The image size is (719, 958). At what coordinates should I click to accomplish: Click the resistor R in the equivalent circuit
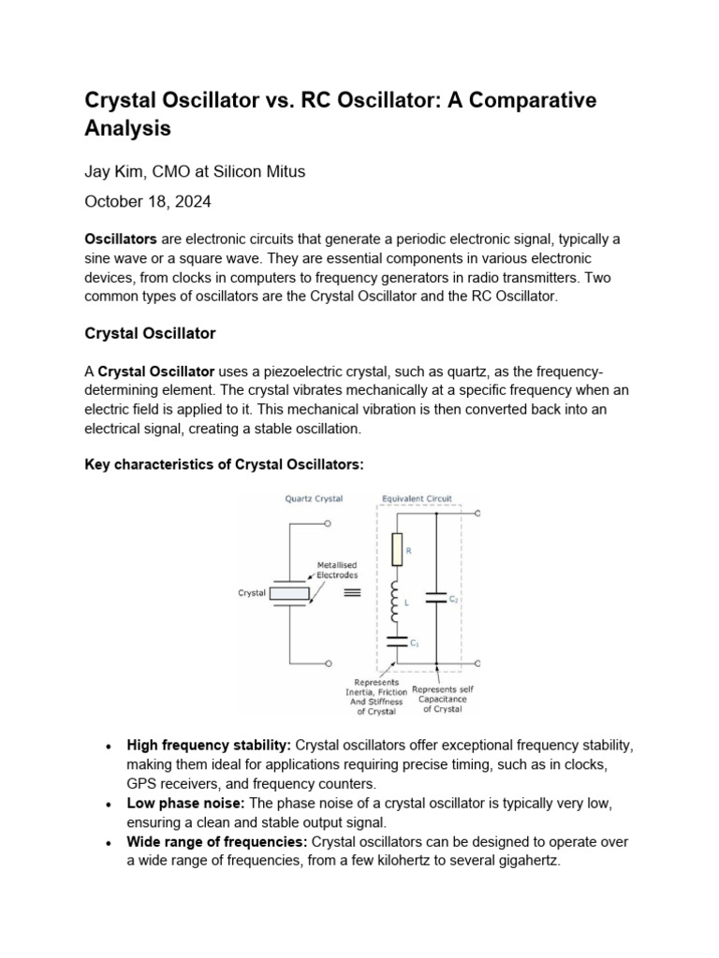[x=395, y=550]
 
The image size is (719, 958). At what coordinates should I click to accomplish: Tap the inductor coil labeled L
[x=395, y=601]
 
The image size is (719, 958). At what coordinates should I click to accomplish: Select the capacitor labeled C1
[x=395, y=642]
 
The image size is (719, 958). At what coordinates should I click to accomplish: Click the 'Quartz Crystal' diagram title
[x=314, y=499]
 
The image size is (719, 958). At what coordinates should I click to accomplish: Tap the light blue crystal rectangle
[x=290, y=593]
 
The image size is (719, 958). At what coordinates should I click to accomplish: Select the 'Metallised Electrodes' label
[x=337, y=570]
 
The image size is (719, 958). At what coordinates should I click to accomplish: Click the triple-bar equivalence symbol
[x=353, y=593]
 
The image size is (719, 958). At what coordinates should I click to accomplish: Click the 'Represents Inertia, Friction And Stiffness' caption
[x=375, y=697]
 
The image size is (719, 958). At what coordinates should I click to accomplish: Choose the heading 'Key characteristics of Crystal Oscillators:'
[x=224, y=464]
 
